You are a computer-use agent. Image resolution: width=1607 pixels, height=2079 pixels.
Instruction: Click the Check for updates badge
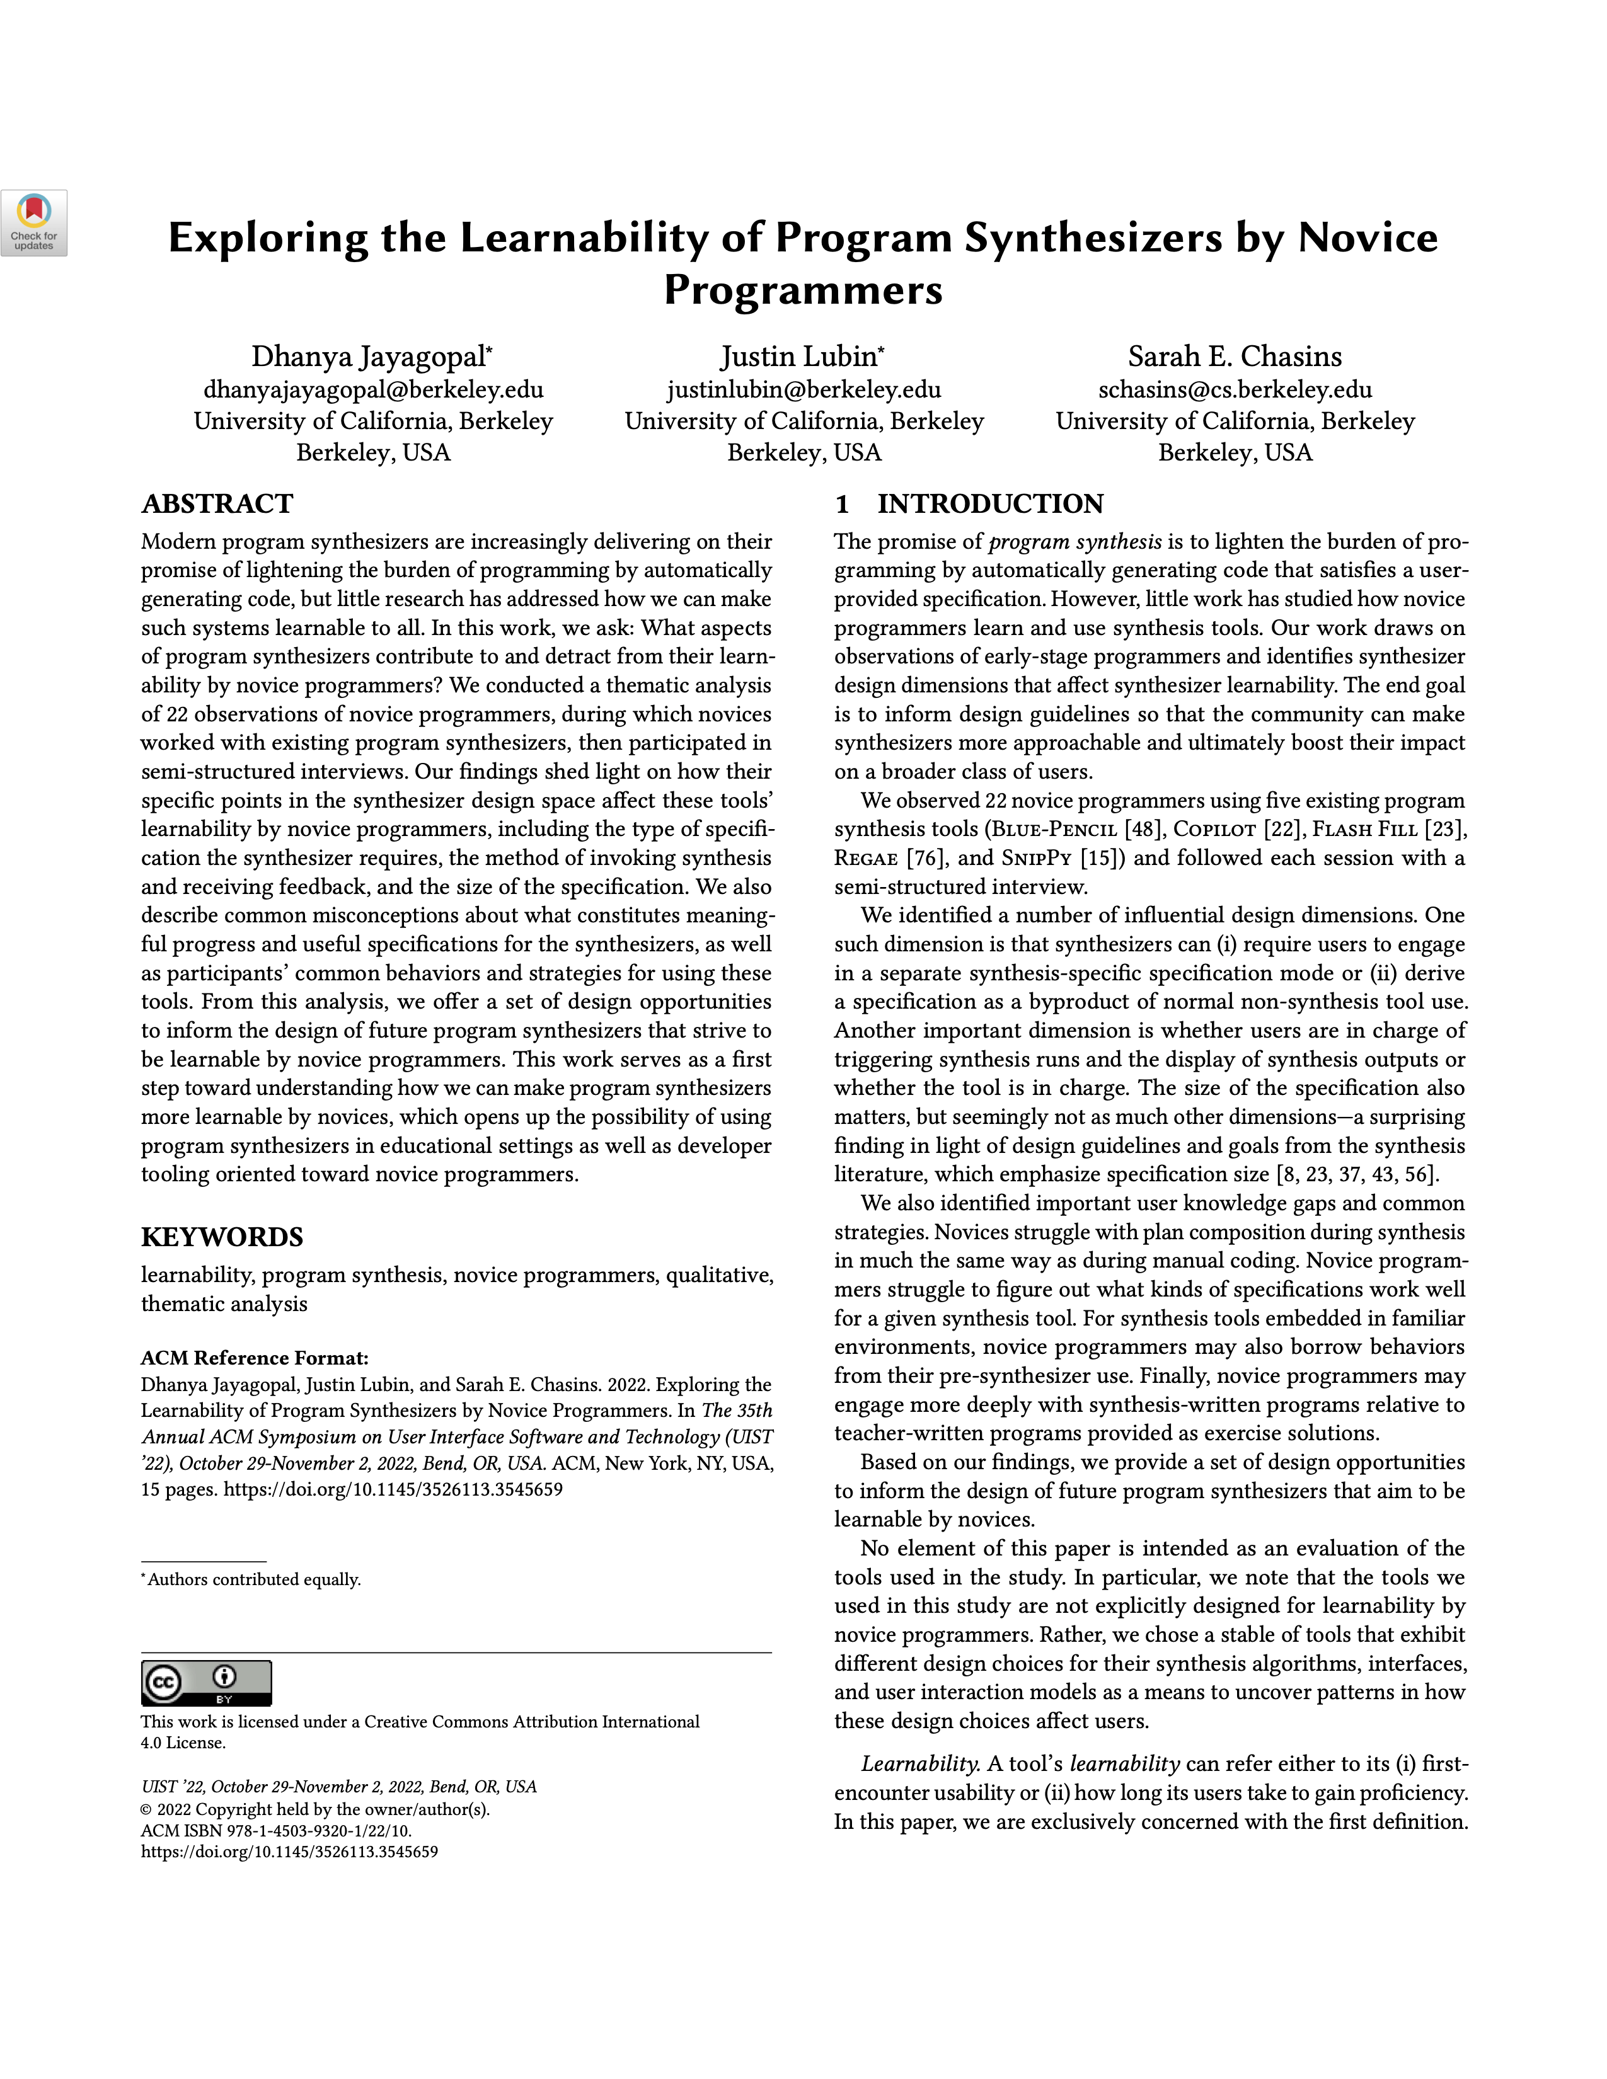(34, 223)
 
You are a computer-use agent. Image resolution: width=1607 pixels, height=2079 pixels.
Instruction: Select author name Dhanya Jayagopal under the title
(369, 357)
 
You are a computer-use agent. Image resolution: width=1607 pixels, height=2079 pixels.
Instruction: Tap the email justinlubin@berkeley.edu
(804, 389)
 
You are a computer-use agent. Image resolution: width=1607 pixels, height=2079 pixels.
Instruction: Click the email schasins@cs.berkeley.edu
(1235, 389)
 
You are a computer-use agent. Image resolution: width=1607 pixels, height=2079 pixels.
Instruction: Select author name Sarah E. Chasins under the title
(1235, 357)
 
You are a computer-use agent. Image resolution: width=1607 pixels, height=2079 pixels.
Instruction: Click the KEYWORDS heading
(222, 1237)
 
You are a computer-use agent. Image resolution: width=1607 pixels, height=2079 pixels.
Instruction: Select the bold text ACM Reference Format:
(254, 1358)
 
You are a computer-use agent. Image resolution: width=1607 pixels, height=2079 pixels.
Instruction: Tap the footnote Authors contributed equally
(253, 1579)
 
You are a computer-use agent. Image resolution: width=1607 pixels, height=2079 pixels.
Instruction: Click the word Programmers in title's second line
(802, 289)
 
